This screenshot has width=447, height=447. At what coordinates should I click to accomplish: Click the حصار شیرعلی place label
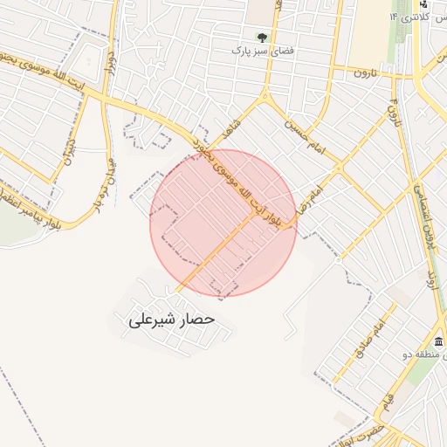(x=171, y=320)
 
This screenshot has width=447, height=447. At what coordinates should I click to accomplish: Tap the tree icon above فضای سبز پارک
(x=262, y=38)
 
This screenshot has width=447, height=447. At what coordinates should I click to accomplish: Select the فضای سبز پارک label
(x=261, y=51)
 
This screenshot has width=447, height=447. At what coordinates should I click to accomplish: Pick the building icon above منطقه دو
(x=437, y=340)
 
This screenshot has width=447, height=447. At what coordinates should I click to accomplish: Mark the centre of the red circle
(x=223, y=223)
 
